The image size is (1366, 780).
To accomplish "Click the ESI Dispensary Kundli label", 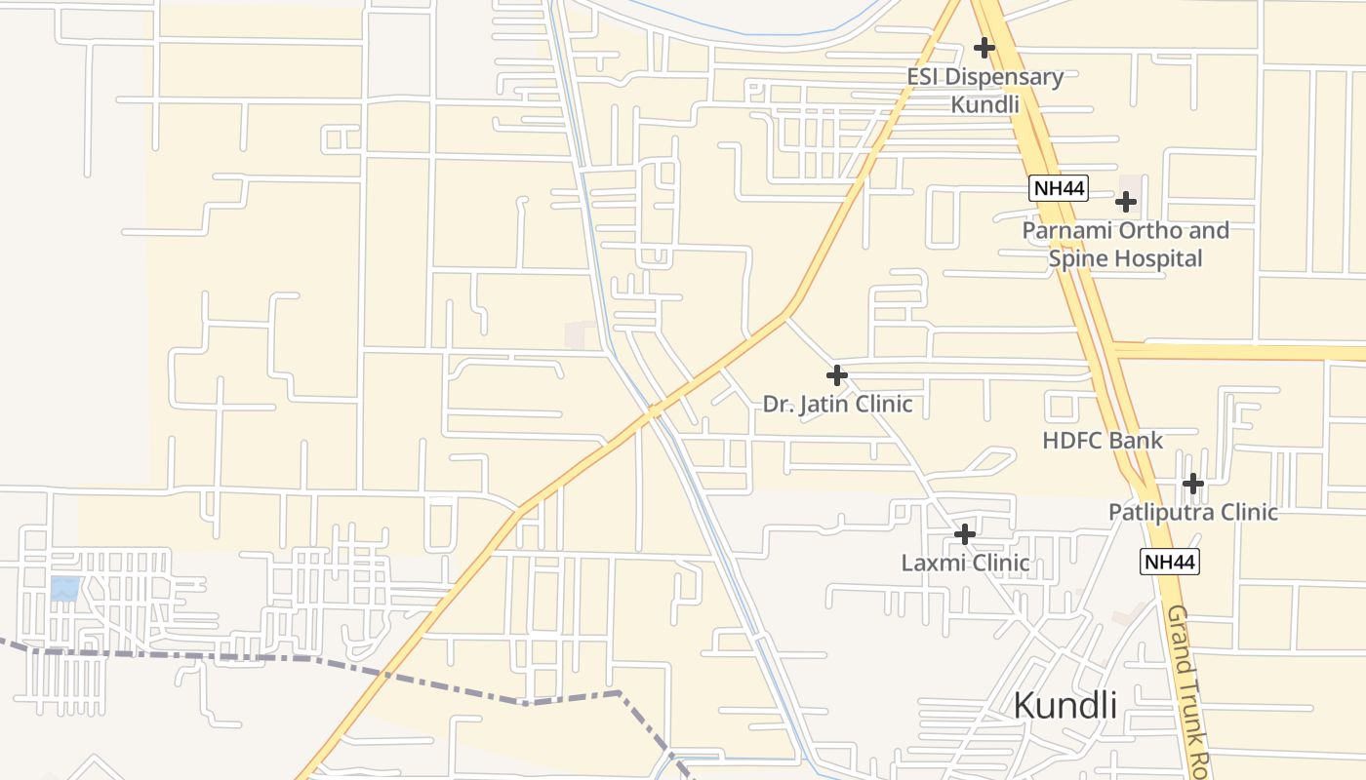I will point(984,90).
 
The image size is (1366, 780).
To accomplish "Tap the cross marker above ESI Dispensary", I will point(984,47).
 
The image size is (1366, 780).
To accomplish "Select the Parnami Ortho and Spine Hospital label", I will point(1125,245).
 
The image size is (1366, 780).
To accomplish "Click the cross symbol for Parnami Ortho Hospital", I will point(1126,202).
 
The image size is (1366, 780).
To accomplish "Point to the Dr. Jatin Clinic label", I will point(837,404).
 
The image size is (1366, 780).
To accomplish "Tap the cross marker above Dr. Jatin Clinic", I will point(836,375).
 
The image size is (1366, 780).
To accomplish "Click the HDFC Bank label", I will point(1103,440).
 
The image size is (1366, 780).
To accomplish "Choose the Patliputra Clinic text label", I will point(1192,512).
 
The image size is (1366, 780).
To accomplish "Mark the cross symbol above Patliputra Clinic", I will point(1192,483).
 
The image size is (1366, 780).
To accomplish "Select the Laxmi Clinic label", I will point(965,563).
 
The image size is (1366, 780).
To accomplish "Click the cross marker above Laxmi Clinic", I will point(964,534).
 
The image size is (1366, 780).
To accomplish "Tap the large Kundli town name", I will point(1065,704).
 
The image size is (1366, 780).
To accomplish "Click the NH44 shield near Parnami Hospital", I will point(1058,188).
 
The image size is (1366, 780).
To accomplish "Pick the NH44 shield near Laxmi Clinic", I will point(1169,562).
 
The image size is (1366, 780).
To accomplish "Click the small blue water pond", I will point(64,588).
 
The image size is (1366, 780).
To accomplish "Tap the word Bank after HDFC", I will point(1135,440).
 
